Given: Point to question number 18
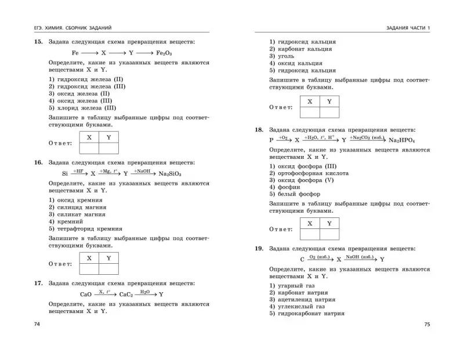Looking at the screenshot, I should pyautogui.click(x=259, y=130).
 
